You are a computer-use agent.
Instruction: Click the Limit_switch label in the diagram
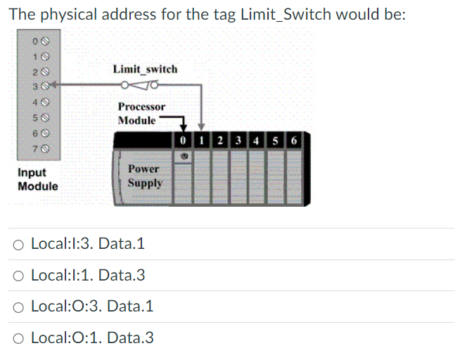pyautogui.click(x=145, y=69)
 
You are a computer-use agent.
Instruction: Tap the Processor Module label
pyautogui.click(x=141, y=113)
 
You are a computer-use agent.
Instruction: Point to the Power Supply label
pyautogui.click(x=145, y=176)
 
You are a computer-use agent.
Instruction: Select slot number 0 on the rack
pyautogui.click(x=182, y=141)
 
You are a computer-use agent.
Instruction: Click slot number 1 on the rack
pyautogui.click(x=201, y=141)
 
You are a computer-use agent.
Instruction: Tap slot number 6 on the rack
pyautogui.click(x=293, y=141)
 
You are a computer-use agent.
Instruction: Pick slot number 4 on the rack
pyautogui.click(x=257, y=141)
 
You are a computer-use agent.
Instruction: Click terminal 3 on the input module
pyautogui.click(x=27, y=86)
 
